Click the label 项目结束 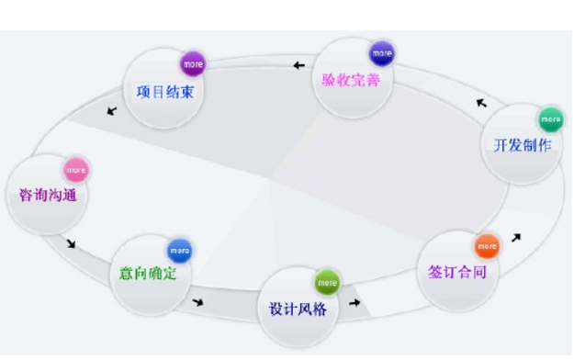tap(164, 92)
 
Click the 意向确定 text tap(149, 274)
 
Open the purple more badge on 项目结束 tap(193, 64)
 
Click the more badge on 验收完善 tap(382, 52)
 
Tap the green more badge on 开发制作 tap(550, 119)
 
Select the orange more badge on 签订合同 tap(486, 246)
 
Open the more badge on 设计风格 tap(327, 281)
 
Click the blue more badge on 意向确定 tap(179, 249)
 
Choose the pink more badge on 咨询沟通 tap(75, 170)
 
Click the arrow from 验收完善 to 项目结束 tap(299, 65)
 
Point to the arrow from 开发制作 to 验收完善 tap(481, 102)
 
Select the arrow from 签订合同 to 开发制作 tap(516, 238)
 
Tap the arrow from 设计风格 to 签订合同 tap(354, 301)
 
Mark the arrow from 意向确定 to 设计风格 tap(197, 302)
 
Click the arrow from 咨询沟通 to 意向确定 tap(71, 244)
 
